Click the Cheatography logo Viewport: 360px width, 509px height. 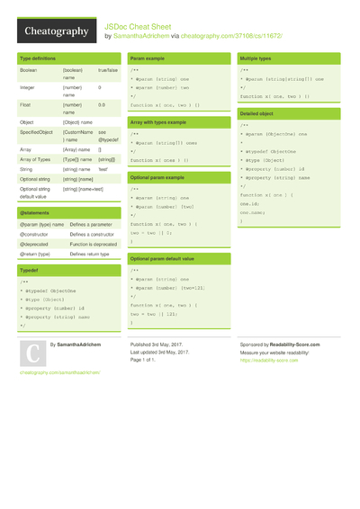point(56,31)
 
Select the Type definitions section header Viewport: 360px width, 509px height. point(41,58)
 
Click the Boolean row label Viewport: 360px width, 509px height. point(29,69)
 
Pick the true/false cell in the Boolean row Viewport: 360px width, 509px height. point(108,69)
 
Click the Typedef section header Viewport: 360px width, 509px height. point(29,270)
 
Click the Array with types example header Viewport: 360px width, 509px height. point(163,122)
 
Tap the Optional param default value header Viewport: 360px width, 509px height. point(168,258)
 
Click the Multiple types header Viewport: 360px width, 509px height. point(256,58)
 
